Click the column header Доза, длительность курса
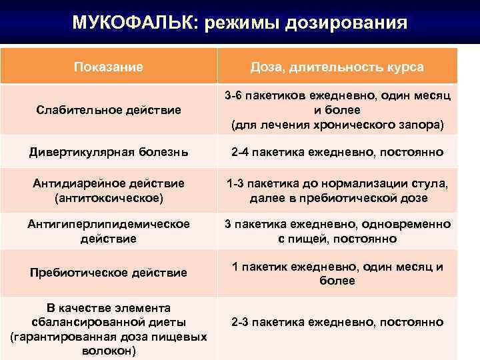337,67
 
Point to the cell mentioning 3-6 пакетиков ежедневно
337,97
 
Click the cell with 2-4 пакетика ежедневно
337,153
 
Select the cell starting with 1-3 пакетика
337,190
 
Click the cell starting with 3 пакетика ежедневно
337,231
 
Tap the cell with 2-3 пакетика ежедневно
337,322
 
